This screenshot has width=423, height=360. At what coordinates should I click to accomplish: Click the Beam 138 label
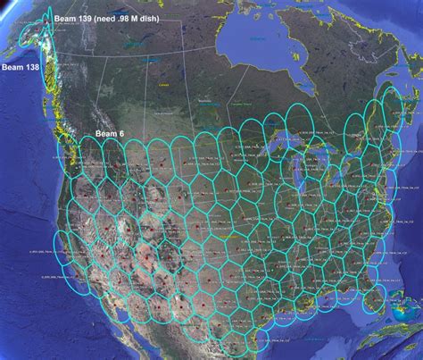pyautogui.click(x=19, y=66)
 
